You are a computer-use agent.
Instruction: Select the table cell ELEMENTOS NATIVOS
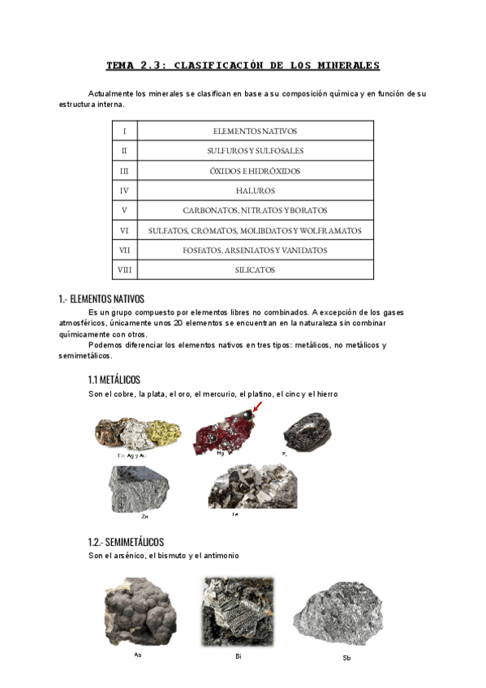click(255, 131)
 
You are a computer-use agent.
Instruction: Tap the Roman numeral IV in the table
click(124, 191)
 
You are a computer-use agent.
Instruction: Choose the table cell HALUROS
click(255, 191)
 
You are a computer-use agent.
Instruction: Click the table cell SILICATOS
click(255, 270)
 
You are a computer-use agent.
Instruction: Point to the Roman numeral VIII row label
click(124, 270)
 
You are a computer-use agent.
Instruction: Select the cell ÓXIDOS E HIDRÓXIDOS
click(255, 171)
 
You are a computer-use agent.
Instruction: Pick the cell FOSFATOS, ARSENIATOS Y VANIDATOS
click(255, 251)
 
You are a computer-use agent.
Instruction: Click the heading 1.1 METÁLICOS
click(114, 380)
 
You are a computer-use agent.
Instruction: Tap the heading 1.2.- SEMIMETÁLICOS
click(126, 541)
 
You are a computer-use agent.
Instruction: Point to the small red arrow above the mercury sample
click(257, 406)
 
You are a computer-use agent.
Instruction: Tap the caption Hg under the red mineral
click(221, 454)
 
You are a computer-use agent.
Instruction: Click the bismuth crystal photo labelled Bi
click(238, 611)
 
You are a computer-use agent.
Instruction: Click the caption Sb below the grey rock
click(347, 657)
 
